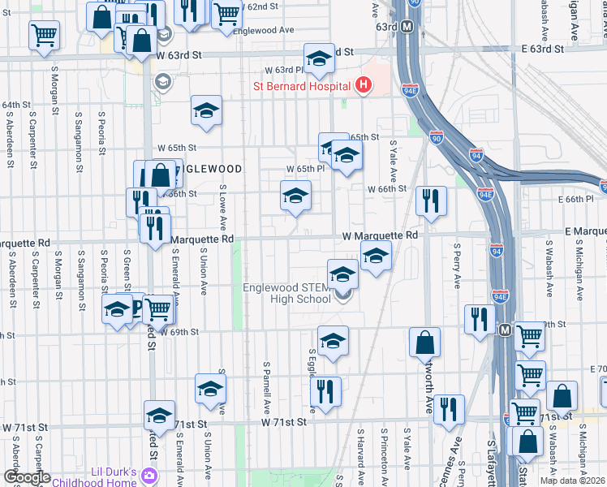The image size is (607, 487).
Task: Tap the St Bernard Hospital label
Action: pos(303,85)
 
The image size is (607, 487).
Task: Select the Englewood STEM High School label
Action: pos(287,293)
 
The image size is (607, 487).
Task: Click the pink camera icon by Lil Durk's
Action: pos(149,476)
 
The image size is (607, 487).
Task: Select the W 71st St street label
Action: pos(284,422)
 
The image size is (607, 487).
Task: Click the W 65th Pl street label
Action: pos(305,168)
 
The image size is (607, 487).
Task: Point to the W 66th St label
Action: pos(386,188)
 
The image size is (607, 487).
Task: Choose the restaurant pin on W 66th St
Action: pos(431,200)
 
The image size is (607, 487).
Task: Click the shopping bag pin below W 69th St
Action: pos(424,343)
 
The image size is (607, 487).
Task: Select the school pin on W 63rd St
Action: pos(319,59)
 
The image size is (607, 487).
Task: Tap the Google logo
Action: pos(27,477)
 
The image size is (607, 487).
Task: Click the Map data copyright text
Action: pos(573,481)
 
